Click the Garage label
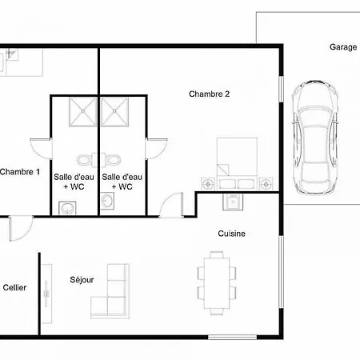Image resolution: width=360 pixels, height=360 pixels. [343, 47]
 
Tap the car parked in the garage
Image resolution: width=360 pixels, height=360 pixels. [314, 137]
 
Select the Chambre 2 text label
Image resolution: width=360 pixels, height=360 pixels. [209, 94]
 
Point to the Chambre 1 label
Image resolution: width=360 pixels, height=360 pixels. [20, 172]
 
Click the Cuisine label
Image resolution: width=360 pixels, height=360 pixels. [231, 234]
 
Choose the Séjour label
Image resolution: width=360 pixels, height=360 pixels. [82, 280]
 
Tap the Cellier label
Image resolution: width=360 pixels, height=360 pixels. [14, 287]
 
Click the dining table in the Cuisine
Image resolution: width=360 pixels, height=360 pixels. [217, 283]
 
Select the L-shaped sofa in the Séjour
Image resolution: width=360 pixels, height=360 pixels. [110, 291]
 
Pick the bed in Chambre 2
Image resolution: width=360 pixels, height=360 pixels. [237, 163]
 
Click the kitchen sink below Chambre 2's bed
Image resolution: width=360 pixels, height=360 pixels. [233, 202]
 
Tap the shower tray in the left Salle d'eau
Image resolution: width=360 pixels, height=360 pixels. [82, 112]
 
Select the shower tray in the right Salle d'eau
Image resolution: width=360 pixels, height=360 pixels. [114, 112]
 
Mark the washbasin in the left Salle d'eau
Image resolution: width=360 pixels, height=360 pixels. [67, 208]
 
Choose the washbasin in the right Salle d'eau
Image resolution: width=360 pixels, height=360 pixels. [107, 201]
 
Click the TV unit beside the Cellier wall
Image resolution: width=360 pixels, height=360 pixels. [46, 294]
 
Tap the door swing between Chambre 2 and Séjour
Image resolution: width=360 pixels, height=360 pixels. [171, 205]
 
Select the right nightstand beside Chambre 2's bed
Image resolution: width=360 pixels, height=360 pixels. [266, 184]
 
